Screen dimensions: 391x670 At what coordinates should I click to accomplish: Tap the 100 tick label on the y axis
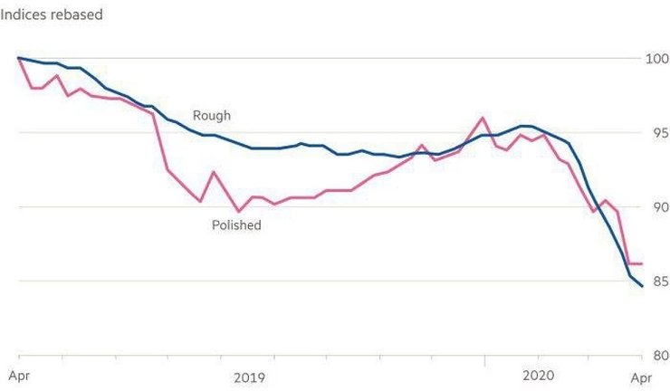pos(655,59)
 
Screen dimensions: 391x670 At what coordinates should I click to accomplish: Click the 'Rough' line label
pos(211,116)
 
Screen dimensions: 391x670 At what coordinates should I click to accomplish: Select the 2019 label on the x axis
pos(250,377)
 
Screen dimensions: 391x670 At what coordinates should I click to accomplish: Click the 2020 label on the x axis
pos(539,377)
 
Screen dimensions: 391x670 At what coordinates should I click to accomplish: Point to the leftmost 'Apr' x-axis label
pos(18,377)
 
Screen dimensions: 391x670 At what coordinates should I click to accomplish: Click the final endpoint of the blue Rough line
pos(643,286)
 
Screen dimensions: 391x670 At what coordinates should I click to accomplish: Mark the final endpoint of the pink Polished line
pos(643,264)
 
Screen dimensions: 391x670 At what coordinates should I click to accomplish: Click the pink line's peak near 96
pos(483,118)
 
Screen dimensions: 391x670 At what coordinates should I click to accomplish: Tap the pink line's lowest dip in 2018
pos(239,211)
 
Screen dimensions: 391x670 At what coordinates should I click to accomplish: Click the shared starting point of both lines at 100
pos(18,58)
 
